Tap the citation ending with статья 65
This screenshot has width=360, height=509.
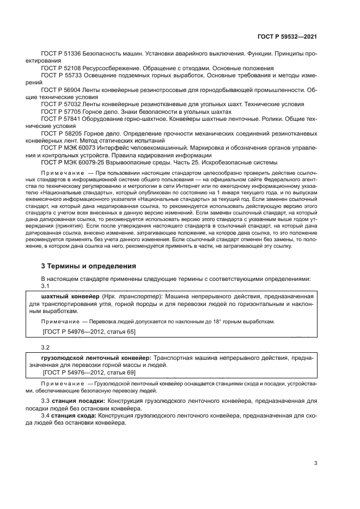(89, 331)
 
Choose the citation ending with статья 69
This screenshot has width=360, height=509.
(89, 372)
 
